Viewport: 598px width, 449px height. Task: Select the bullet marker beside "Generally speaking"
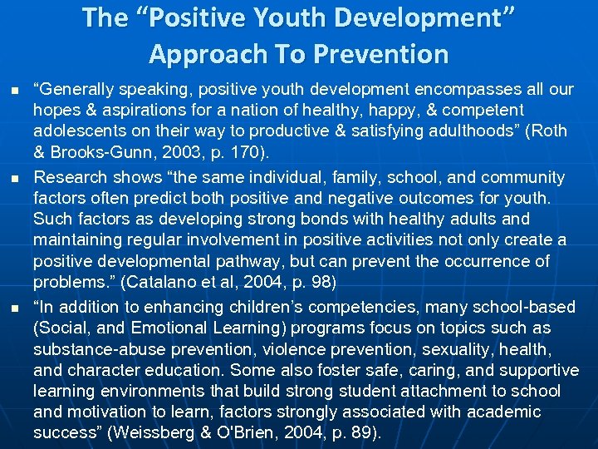[x=15, y=90]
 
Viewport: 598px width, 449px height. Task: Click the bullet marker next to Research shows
[x=15, y=179]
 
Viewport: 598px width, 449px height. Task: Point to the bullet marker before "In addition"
[x=15, y=307]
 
